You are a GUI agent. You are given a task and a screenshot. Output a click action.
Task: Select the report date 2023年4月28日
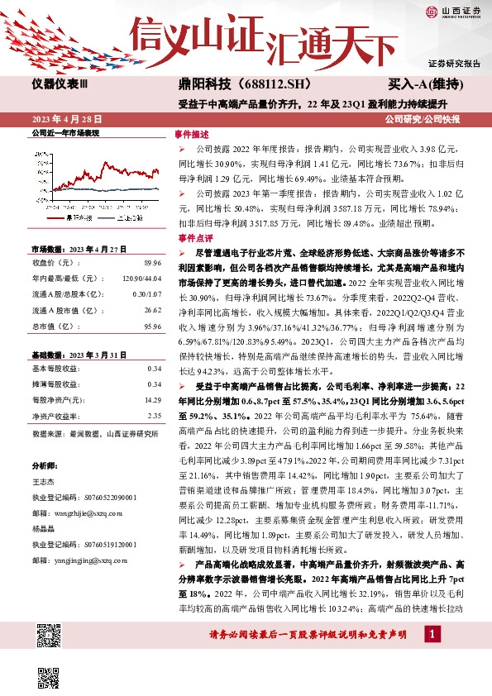pos(64,119)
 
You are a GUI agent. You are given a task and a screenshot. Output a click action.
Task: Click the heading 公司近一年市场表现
pos(64,132)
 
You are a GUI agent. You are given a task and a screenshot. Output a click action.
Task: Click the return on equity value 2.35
pos(153,416)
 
